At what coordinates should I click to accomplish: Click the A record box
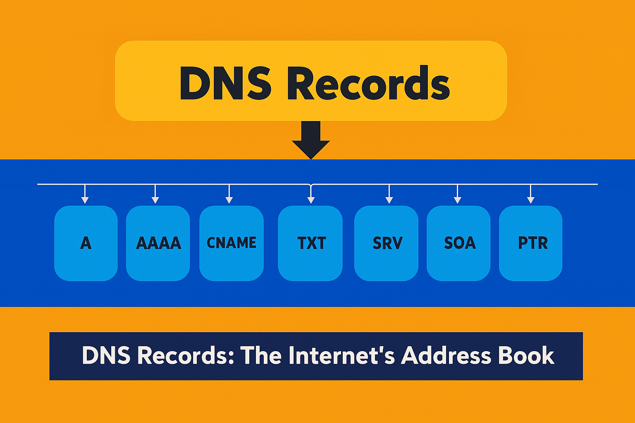coord(86,243)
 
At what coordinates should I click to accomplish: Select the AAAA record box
coord(158,243)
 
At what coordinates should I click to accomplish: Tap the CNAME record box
coord(232,243)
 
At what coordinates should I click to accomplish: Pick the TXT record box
coord(310,243)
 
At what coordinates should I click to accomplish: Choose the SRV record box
coord(387,243)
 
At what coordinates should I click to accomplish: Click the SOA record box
coord(458,243)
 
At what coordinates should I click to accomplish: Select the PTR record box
coord(531,243)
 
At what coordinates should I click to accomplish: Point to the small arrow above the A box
coord(85,195)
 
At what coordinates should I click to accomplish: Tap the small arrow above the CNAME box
coord(229,195)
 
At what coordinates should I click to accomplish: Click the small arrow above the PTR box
coord(531,195)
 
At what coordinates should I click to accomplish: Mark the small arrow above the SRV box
coord(389,195)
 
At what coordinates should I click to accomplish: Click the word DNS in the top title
coord(225,83)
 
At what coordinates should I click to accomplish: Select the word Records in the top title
coord(368,83)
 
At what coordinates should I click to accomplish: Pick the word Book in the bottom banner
coord(526,356)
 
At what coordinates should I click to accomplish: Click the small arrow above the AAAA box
coord(155,195)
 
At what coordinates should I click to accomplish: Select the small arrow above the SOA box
coord(457,195)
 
